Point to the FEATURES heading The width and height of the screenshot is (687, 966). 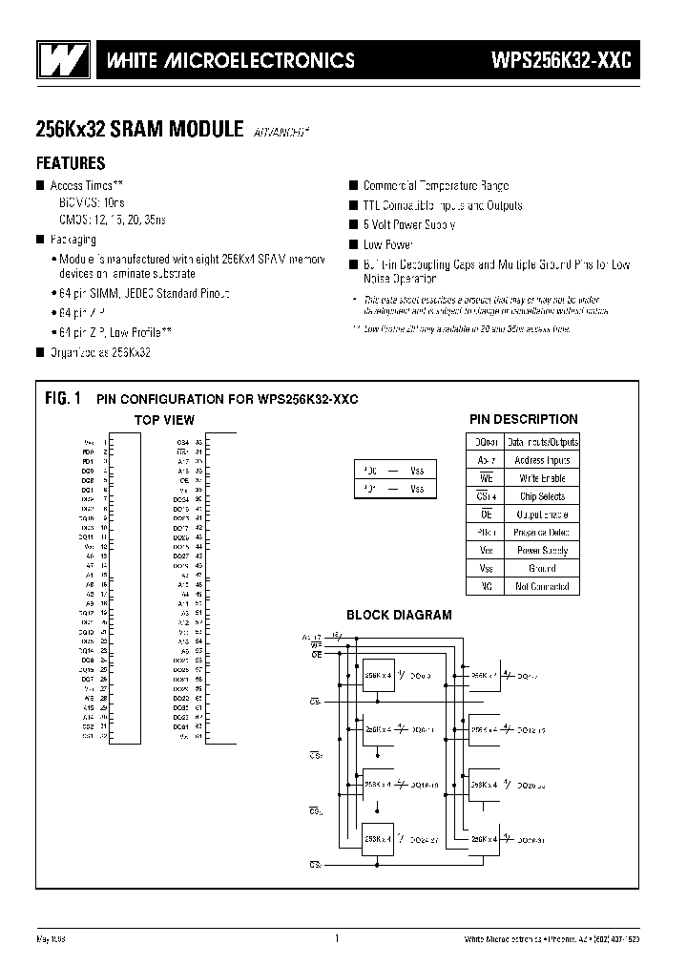[71, 163]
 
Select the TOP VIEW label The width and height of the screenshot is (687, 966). [163, 420]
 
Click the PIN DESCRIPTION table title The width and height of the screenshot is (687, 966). [523, 419]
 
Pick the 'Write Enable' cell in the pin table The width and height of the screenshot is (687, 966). [541, 478]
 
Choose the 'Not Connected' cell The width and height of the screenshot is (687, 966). [541, 587]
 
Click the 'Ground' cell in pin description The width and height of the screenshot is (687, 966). [541, 569]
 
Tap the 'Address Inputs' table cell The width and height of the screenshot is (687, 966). [541, 460]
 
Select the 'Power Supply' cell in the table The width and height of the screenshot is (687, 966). [541, 551]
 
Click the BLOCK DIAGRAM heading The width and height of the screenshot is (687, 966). [398, 616]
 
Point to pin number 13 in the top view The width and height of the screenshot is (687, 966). [103, 547]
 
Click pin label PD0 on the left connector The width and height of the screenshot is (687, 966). [88, 451]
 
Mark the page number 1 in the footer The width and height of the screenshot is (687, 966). [337, 940]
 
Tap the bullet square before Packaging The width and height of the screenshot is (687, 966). [41, 241]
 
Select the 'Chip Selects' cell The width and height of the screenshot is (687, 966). [541, 496]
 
